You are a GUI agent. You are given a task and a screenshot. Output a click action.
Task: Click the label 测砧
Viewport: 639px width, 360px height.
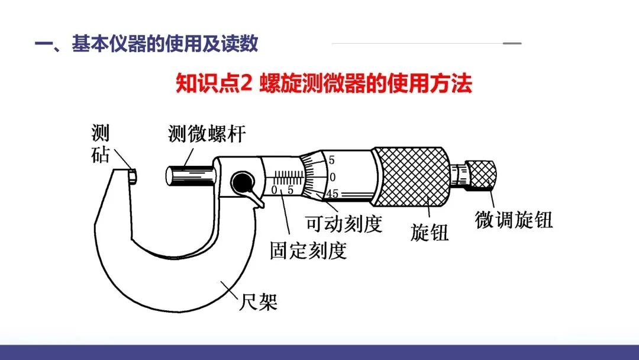(100, 144)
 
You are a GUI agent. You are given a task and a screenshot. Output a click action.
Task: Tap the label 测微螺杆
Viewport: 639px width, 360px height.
(207, 134)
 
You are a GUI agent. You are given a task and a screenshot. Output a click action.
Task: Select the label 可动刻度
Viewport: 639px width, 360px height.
(344, 223)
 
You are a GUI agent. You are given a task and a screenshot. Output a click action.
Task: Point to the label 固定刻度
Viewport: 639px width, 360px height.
(308, 250)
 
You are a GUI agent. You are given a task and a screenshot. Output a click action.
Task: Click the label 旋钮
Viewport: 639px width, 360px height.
(430, 232)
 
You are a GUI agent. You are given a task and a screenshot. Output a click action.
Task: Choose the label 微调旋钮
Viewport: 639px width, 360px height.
(514, 220)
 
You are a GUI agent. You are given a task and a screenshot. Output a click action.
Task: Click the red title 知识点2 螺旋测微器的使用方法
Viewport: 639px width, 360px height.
(324, 83)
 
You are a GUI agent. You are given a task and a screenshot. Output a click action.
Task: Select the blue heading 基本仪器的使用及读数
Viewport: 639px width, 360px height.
(165, 44)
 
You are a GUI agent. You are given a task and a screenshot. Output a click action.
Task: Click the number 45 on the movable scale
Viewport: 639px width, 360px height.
(332, 194)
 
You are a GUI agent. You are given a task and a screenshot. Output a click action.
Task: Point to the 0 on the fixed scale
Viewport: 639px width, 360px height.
(275, 190)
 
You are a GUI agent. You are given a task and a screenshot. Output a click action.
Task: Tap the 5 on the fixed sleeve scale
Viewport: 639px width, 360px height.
(290, 189)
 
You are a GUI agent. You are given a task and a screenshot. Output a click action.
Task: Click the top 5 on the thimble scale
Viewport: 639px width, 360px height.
(332, 160)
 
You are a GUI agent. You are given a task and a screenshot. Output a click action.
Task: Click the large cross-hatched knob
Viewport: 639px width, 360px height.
(412, 176)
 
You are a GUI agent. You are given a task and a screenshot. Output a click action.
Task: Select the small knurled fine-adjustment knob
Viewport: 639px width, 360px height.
(481, 175)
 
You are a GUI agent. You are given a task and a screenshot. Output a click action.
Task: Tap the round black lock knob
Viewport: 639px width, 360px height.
(242, 182)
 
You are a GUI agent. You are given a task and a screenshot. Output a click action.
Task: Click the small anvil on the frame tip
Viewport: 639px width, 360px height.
(132, 176)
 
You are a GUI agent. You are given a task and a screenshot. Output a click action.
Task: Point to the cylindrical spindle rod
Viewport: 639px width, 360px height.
(190, 176)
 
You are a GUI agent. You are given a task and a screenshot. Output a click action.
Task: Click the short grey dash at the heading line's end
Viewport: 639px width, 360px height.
(512, 43)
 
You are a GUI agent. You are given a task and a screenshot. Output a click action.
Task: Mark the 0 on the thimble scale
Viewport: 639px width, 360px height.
(333, 177)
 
